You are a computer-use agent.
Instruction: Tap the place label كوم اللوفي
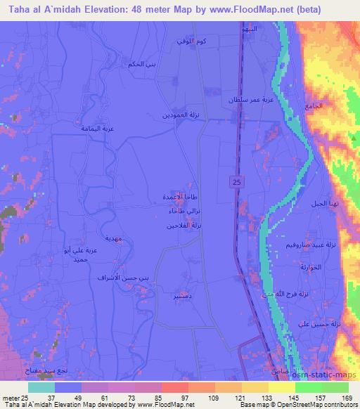pos(193,44)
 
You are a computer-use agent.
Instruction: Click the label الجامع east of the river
pos(316,105)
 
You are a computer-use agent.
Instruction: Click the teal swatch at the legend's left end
pos(41,387)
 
